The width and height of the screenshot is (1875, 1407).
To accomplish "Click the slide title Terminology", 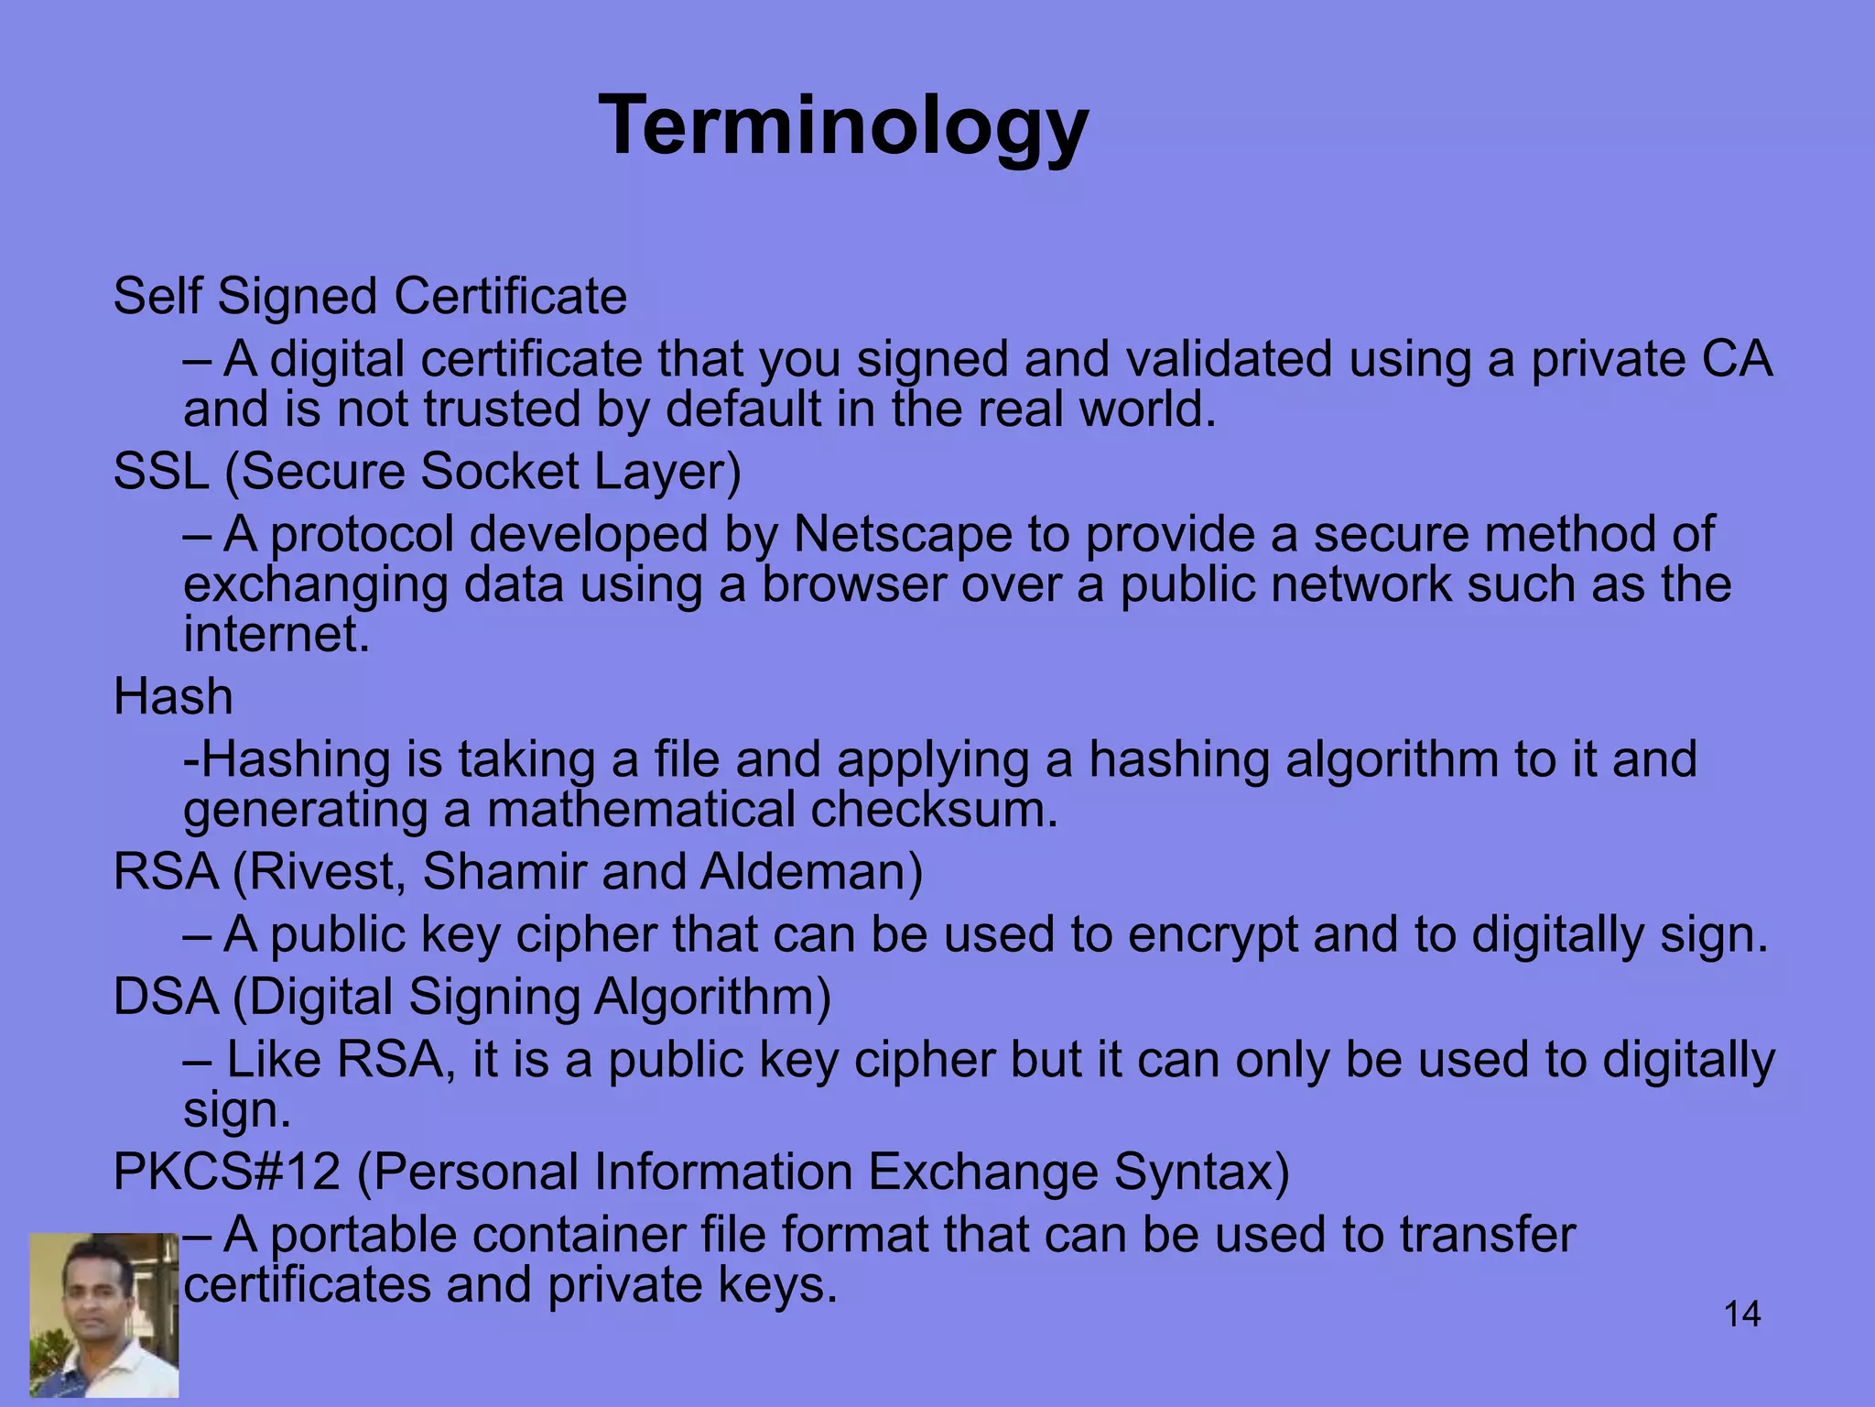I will pos(843,128).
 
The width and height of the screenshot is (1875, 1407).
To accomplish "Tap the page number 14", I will pos(1741,1314).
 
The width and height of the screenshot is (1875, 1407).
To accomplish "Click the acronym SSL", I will pos(161,472).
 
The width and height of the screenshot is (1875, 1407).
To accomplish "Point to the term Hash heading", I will pos(173,697).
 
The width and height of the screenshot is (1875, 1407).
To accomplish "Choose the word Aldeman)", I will pos(811,871).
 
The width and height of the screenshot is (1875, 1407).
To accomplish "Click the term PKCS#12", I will pos(226,1172).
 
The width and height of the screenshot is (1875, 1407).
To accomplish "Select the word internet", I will pos(276,634).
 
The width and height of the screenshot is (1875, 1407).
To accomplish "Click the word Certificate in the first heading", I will pos(510,297).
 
